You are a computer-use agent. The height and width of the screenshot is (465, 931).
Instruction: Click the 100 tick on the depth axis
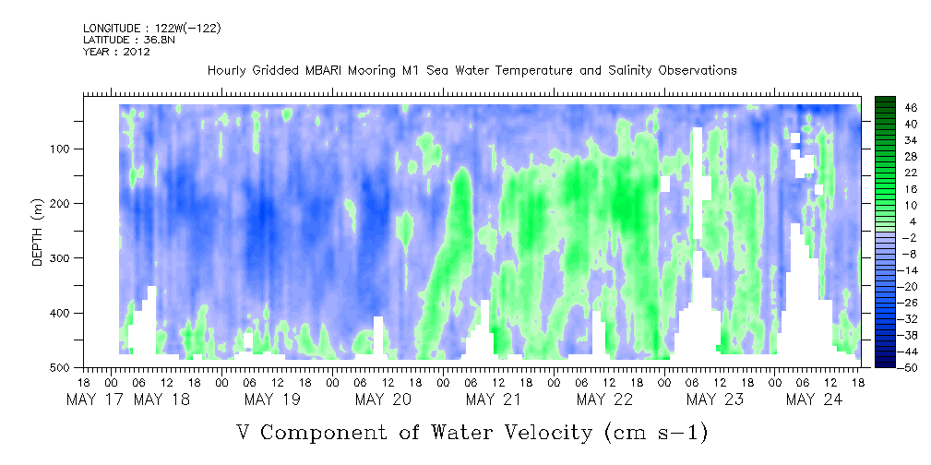point(66,149)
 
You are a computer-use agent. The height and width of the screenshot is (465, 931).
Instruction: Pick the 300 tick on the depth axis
point(66,258)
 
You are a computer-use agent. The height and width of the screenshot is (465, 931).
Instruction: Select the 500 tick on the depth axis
point(66,367)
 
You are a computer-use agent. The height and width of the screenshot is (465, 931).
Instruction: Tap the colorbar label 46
point(885,108)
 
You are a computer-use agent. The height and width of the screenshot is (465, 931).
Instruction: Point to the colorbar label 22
point(885,173)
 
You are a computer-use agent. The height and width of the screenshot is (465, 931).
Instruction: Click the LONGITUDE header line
point(151,29)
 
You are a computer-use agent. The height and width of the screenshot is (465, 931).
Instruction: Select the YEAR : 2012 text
point(116,52)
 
